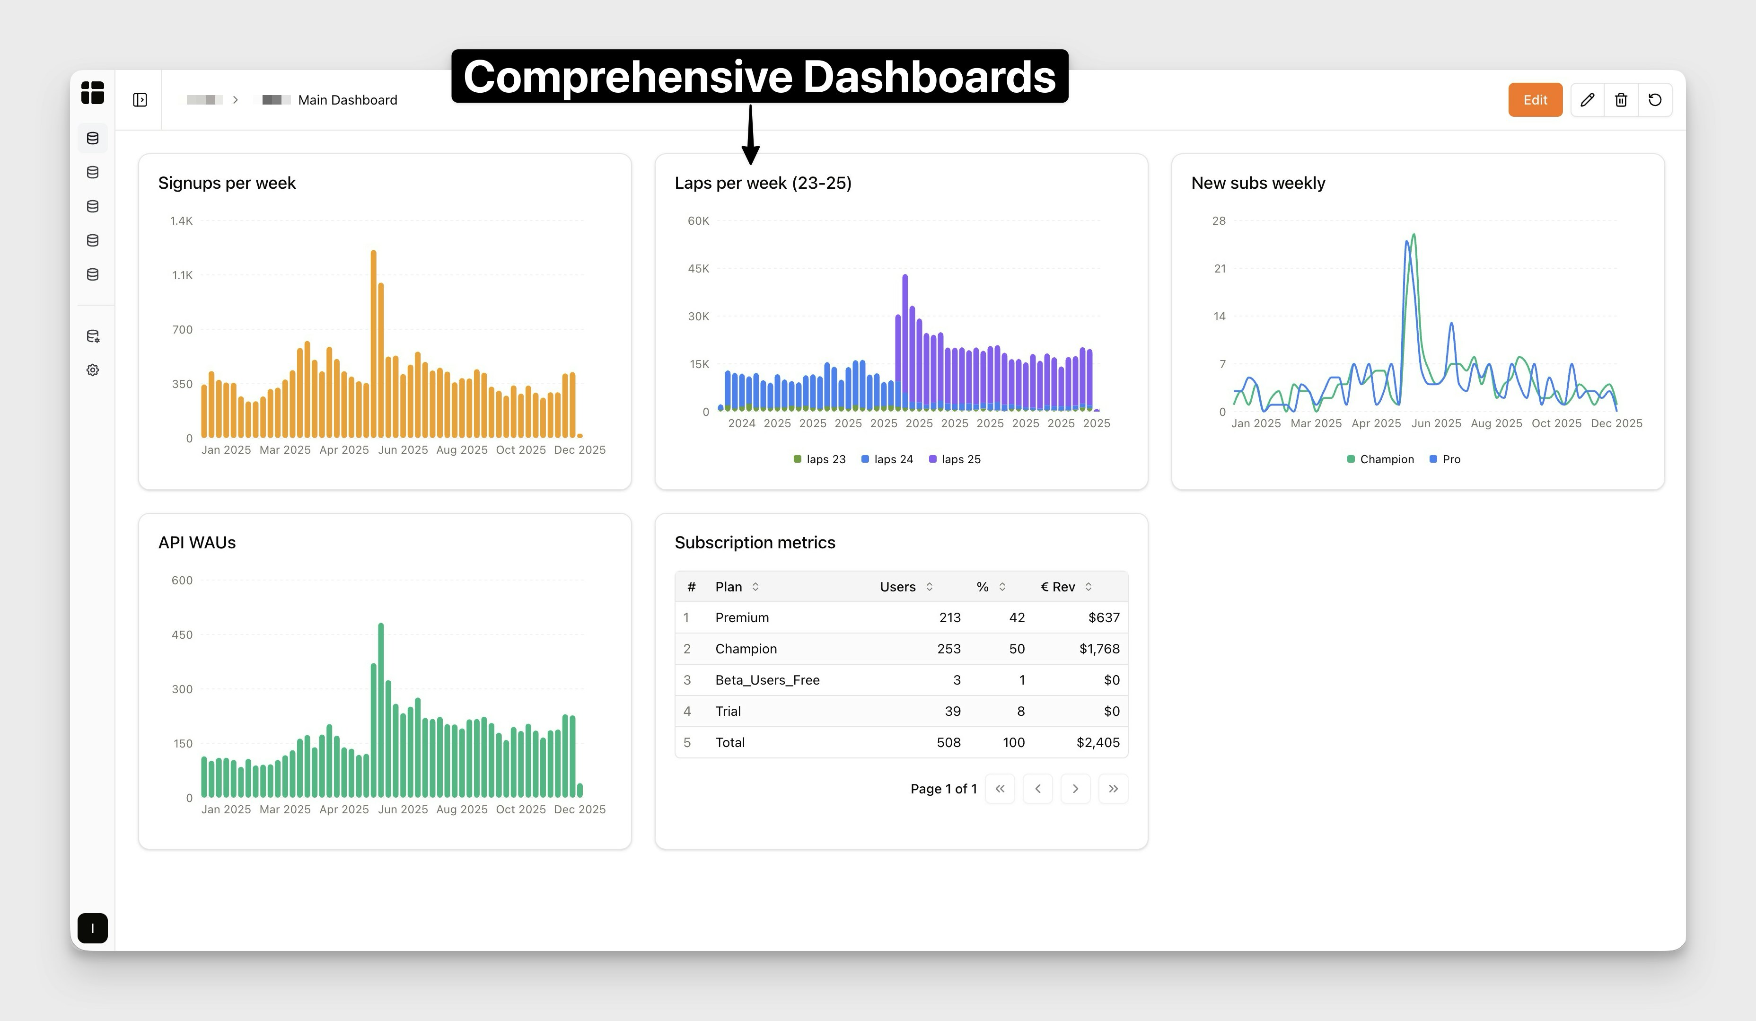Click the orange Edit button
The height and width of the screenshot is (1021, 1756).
[1535, 100]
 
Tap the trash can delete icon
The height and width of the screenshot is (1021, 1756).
[1621, 100]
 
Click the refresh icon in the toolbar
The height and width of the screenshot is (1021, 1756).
[1655, 100]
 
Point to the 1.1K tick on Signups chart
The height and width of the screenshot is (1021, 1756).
[183, 275]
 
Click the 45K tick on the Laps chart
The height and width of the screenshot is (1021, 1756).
[698, 268]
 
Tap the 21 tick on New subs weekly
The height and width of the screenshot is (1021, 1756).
[1220, 268]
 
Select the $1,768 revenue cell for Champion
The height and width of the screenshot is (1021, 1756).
[1099, 649]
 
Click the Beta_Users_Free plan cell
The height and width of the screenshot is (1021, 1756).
[767, 680]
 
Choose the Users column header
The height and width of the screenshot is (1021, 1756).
[897, 587]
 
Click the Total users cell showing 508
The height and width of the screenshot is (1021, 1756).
[948, 743]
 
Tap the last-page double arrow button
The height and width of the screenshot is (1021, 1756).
[1113, 789]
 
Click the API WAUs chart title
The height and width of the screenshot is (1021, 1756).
[197, 542]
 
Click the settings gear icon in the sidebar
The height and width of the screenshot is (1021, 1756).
[93, 370]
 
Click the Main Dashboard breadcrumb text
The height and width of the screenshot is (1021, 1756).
[347, 100]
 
